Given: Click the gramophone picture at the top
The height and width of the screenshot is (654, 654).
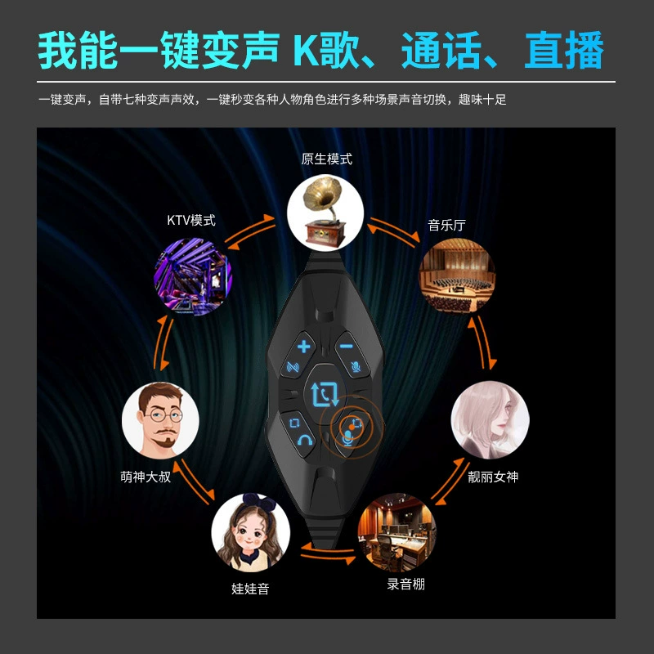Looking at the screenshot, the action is point(325,213).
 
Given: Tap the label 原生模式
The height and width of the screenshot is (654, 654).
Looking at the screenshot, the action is point(326,159).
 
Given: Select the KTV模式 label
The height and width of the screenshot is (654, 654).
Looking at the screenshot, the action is point(191,220).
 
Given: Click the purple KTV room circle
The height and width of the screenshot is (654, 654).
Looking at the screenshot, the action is point(193,276).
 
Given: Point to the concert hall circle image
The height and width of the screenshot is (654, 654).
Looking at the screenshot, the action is point(457,275).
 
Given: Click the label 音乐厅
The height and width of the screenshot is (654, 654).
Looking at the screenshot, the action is point(446,226).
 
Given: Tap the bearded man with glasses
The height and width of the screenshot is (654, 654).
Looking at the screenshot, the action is point(160,420).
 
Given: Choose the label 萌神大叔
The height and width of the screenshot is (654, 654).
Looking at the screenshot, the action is point(146,477).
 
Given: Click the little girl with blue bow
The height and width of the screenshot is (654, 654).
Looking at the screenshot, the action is point(250,532).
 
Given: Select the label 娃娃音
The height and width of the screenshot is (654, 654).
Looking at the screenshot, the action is point(250,589).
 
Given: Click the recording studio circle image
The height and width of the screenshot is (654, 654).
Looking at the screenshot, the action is point(396,532).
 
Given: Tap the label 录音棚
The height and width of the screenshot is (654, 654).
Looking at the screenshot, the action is point(405,584).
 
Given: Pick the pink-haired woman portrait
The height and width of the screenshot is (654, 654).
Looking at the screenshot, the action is point(490,419).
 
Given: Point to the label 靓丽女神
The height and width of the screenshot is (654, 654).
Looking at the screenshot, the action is point(493,477).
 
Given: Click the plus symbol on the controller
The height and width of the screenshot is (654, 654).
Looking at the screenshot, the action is point(303,347).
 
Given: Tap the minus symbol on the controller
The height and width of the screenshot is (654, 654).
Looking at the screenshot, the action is point(346,346).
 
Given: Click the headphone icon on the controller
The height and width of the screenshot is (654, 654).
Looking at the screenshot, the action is point(305,440).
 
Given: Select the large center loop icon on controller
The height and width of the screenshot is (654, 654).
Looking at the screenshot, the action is point(325,394).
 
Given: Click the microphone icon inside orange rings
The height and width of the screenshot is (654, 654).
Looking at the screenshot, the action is point(348,439).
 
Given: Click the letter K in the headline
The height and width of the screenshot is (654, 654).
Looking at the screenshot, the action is point(307,51).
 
